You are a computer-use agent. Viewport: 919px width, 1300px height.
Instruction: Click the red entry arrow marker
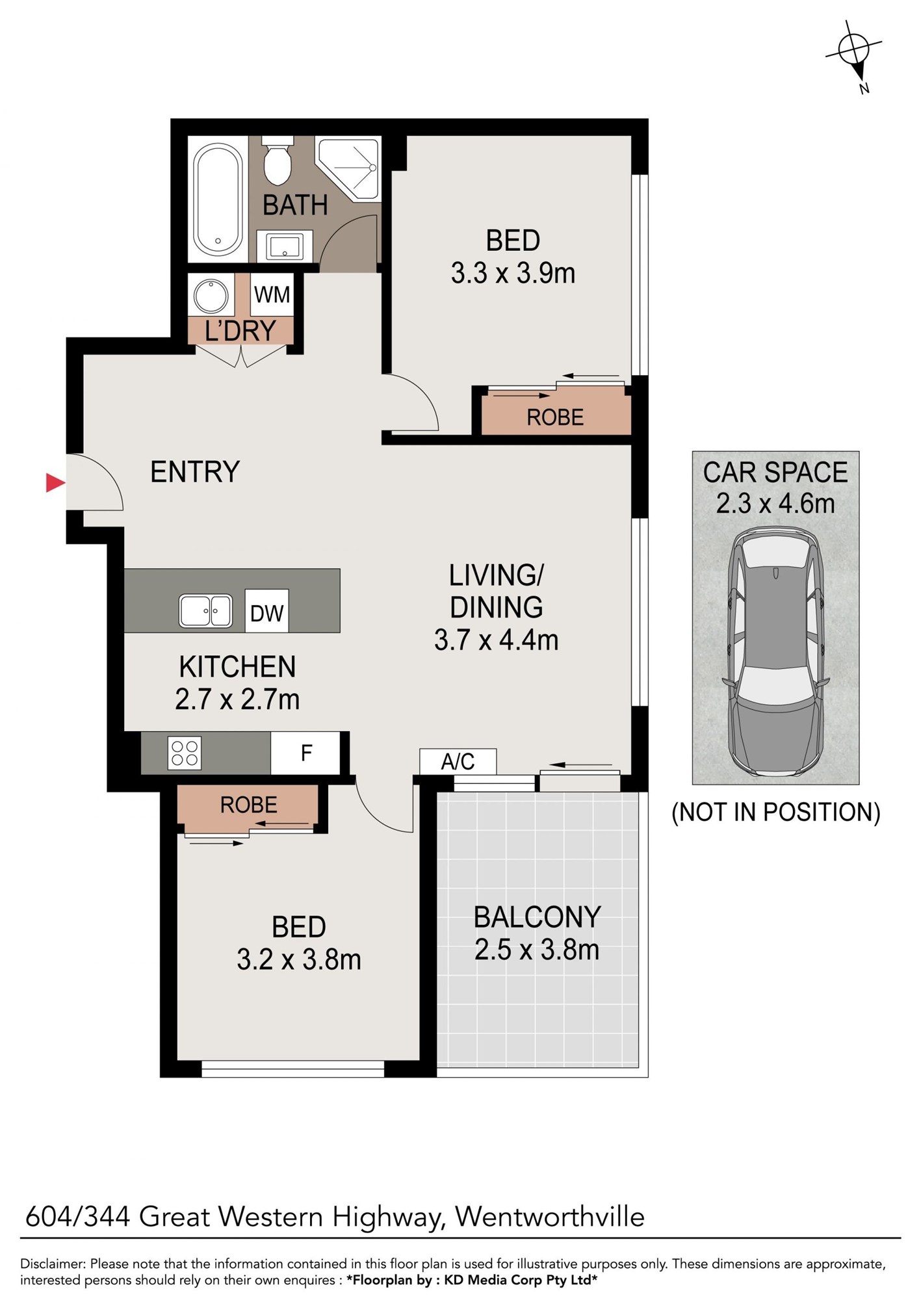55,482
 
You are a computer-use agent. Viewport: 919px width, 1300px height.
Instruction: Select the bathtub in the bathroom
218,200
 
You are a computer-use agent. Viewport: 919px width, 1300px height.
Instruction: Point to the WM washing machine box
272,294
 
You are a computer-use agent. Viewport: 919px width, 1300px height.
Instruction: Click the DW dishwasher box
266,611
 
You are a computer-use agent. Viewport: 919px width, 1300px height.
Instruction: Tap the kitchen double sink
205,611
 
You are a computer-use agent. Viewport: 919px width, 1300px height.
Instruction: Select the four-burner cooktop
185,753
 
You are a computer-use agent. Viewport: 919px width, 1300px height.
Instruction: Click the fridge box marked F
305,753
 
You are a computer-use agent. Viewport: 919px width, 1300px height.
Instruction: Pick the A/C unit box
458,761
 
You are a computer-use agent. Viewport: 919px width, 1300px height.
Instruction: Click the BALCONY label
537,917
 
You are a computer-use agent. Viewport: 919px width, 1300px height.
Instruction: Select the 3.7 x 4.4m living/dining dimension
497,640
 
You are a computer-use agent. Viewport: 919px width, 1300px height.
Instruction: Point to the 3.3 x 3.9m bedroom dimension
513,273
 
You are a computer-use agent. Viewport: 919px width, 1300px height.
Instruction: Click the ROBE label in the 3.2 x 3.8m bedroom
249,805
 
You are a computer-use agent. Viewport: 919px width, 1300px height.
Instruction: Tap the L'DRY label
240,331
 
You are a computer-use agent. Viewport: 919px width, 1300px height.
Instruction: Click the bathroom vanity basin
285,246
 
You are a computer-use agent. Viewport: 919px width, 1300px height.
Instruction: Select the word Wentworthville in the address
550,1216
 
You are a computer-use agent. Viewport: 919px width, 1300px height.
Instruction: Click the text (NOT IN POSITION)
775,812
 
